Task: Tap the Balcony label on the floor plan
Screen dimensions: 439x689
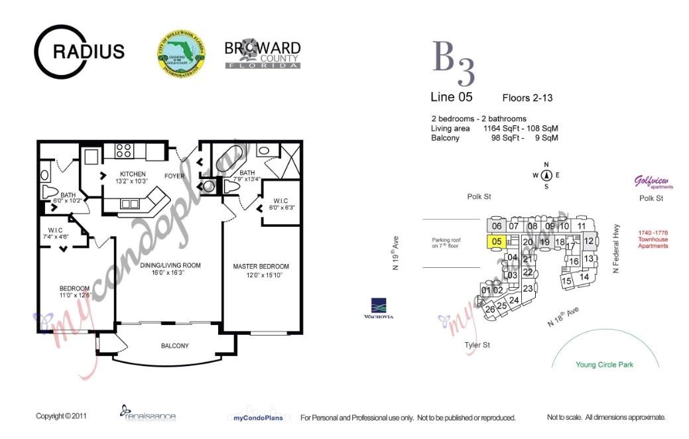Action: [174, 345]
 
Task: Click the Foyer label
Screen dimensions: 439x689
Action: [174, 176]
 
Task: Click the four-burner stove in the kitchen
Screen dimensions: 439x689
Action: [123, 151]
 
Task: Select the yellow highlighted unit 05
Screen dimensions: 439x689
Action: [497, 242]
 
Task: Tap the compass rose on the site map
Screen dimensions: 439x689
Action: [546, 176]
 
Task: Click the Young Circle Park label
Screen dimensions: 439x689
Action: [604, 365]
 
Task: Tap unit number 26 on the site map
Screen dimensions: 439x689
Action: [490, 309]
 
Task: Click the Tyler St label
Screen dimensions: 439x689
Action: [477, 345]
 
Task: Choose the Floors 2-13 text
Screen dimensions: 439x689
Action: [527, 98]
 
